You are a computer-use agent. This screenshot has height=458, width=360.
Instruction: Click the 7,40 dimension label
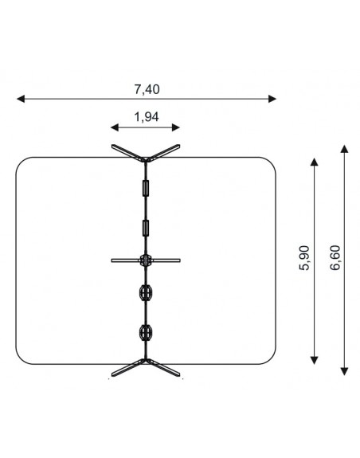[147, 89]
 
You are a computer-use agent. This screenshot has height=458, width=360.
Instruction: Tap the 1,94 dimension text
[147, 117]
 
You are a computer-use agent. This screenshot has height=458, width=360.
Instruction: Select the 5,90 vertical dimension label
[304, 258]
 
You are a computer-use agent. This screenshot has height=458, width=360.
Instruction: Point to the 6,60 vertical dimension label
[335, 258]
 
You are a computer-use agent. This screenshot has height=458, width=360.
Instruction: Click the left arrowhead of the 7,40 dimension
[21, 99]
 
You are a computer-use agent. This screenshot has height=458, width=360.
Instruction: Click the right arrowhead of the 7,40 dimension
[272, 99]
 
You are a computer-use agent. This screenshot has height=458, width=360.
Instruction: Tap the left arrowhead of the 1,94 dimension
[115, 127]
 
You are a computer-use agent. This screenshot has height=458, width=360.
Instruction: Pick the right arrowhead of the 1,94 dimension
[176, 127]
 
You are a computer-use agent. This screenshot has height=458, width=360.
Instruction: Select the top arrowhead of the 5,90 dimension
[314, 162]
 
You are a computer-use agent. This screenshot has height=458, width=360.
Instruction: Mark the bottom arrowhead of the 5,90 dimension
[314, 361]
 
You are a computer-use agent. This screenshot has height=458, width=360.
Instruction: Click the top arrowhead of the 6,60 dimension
[345, 149]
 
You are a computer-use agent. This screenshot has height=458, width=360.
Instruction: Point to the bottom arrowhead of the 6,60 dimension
[345, 371]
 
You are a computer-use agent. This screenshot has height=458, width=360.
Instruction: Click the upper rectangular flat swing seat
[146, 188]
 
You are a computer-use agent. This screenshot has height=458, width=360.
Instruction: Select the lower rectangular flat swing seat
[146, 228]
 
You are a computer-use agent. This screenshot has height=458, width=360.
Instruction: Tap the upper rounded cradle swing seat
[146, 292]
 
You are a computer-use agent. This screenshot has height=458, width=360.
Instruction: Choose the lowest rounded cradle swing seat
[146, 332]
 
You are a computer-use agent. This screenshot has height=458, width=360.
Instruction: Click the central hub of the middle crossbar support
[146, 260]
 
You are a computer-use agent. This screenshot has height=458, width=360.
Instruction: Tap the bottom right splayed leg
[163, 368]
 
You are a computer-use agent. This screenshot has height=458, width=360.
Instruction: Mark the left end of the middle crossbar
[112, 260]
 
